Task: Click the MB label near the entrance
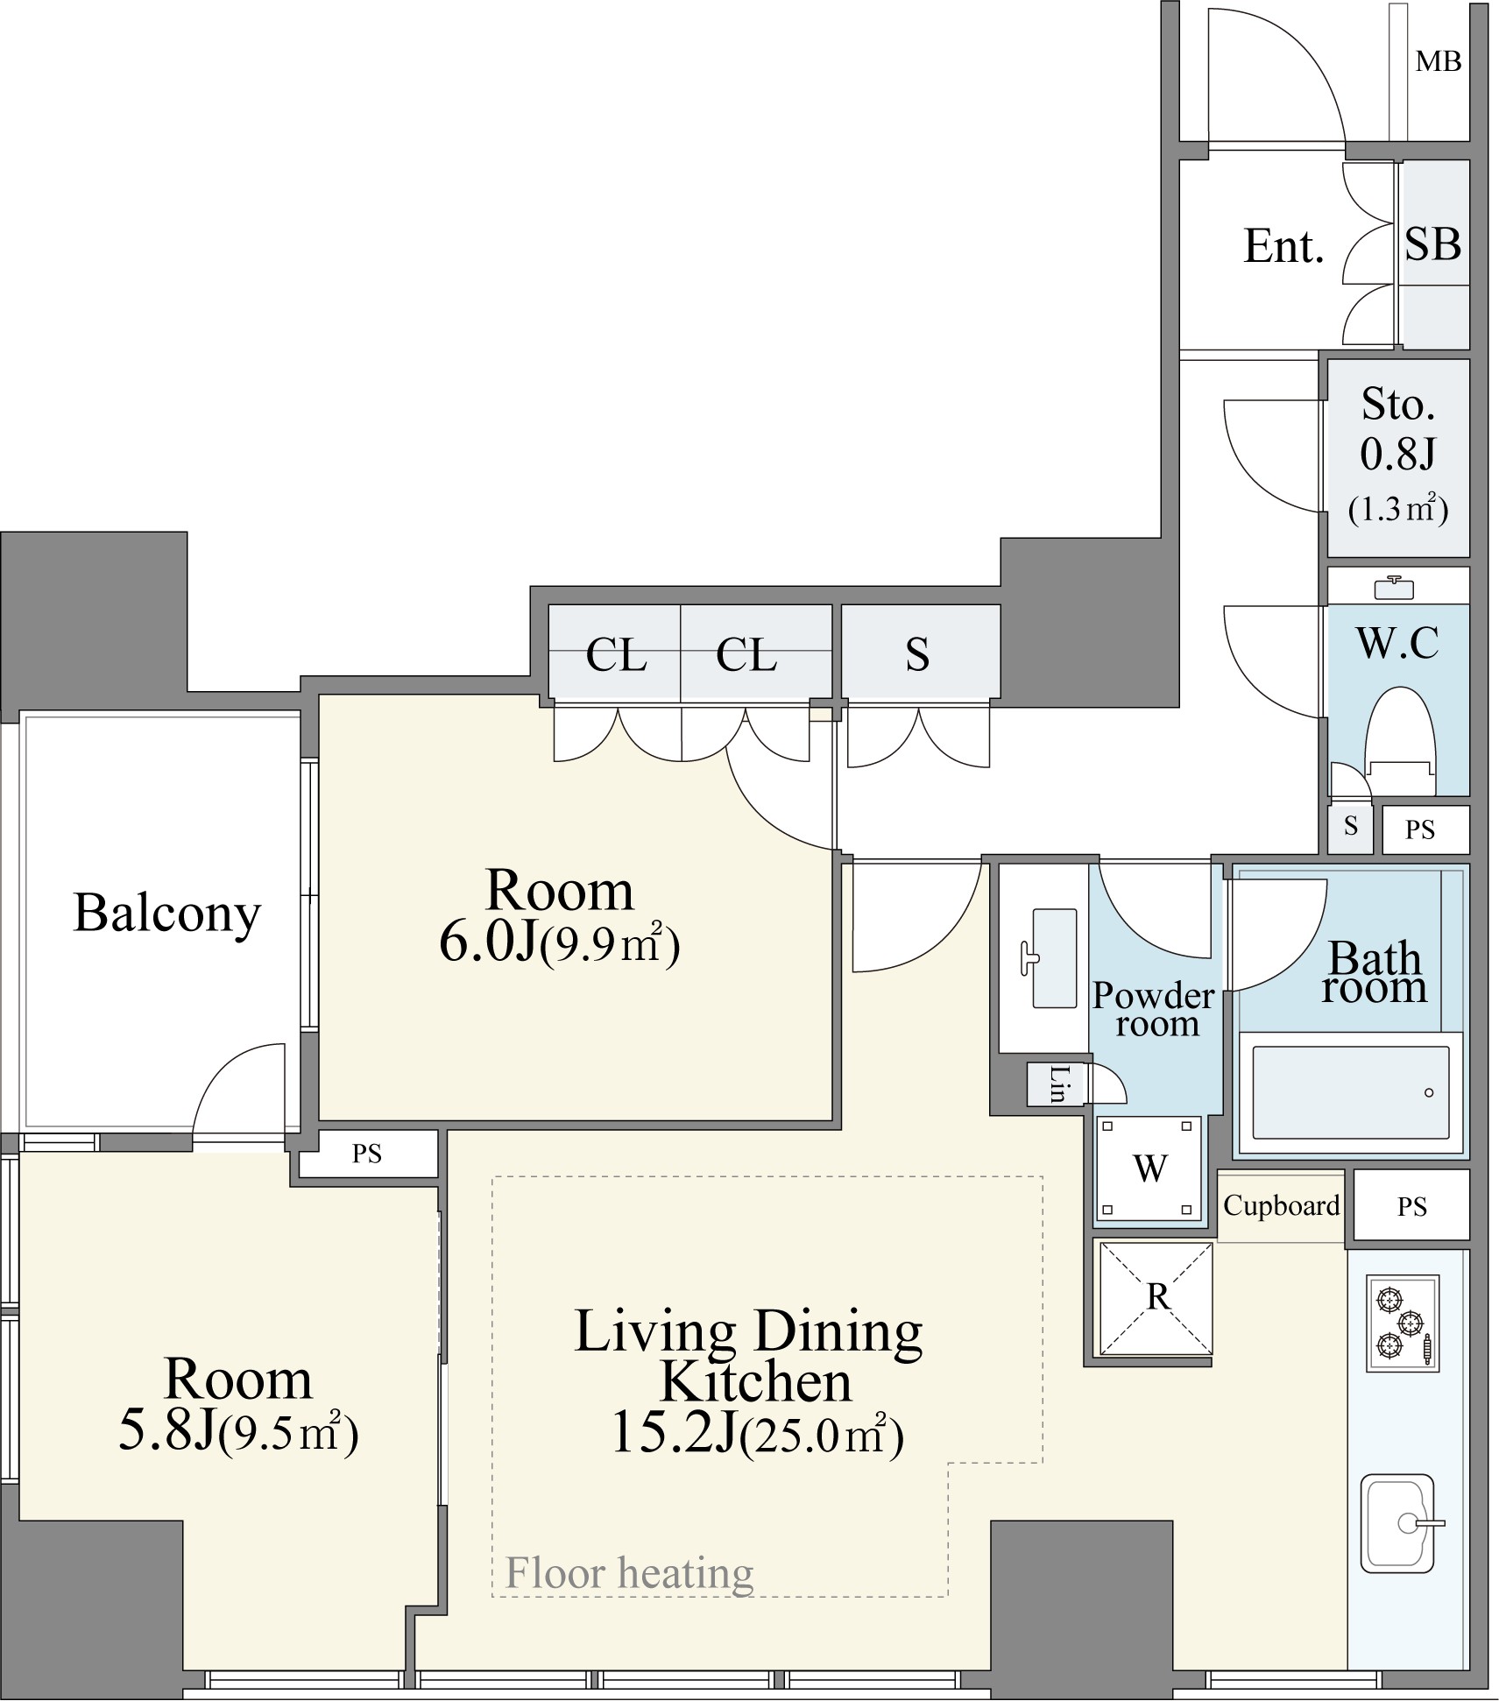tap(1439, 61)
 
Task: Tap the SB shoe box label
tap(1433, 244)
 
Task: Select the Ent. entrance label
tap(1283, 246)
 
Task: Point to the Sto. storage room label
tap(1398, 404)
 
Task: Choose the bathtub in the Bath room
tap(1350, 1091)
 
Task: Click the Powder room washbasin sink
tap(1054, 957)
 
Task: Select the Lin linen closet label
tap(1058, 1083)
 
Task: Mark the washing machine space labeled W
tap(1150, 1168)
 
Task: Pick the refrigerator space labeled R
tap(1156, 1297)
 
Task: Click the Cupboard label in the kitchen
tap(1281, 1205)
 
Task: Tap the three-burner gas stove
tap(1403, 1323)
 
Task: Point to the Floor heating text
tap(629, 1572)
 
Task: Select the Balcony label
tap(167, 914)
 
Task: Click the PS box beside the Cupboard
tap(1411, 1205)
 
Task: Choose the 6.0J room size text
tap(486, 942)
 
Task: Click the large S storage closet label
tap(917, 653)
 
